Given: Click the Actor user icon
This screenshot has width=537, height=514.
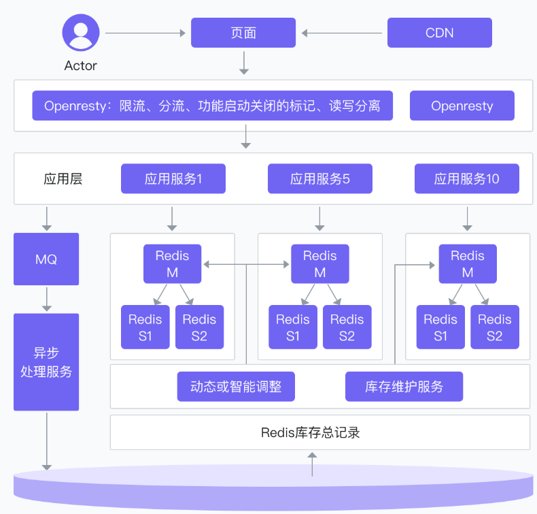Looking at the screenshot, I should coord(81,33).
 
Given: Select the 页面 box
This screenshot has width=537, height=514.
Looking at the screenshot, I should coord(243,33).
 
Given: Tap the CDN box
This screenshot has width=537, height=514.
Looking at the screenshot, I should coord(439,33).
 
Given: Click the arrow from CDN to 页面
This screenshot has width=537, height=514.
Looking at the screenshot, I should coord(342,33).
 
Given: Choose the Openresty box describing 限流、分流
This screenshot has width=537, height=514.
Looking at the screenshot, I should coord(212,106).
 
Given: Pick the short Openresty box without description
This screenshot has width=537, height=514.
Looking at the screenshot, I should coord(462,106).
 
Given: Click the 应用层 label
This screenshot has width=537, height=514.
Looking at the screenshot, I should coord(63,179).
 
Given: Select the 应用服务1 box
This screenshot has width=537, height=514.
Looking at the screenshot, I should coord(173,179).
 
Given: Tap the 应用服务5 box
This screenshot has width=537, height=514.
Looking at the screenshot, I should coord(319,179).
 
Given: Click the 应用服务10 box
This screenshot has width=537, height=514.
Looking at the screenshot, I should coord(466,179).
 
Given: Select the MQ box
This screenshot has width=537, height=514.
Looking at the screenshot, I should coord(46,259).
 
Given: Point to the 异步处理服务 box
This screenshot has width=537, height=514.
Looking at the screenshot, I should coord(46,362).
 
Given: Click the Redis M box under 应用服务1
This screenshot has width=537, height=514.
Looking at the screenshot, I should coord(172,264).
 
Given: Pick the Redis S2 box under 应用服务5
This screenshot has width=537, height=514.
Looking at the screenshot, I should coord(347,327).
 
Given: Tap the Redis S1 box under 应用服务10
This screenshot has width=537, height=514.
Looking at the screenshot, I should coord(440,327).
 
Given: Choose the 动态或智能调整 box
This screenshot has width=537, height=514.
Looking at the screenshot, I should coord(236,387).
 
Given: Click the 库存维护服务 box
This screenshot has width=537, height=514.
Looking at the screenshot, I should coord(404,387).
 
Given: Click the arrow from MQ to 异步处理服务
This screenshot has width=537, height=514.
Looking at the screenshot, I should coord(46,299).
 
